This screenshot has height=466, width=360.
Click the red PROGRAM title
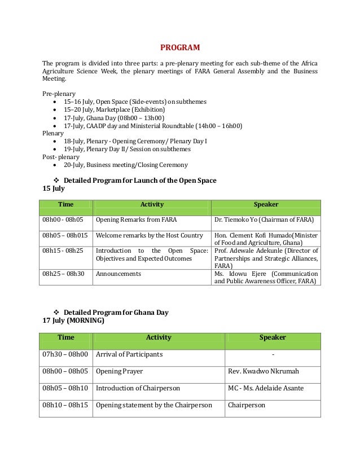pos(180,47)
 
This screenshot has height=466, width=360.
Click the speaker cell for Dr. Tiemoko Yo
pos(265,219)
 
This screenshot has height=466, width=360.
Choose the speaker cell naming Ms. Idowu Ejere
pos(266,278)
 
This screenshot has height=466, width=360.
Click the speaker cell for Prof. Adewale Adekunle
pos(266,258)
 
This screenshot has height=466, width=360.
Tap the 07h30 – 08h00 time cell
pos(65,354)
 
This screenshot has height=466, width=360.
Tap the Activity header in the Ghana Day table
pos(159,337)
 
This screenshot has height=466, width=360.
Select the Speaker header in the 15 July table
pos(266,204)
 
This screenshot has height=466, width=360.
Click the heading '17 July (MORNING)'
pos(73,320)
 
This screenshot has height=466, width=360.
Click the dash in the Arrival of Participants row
pos(273,354)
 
